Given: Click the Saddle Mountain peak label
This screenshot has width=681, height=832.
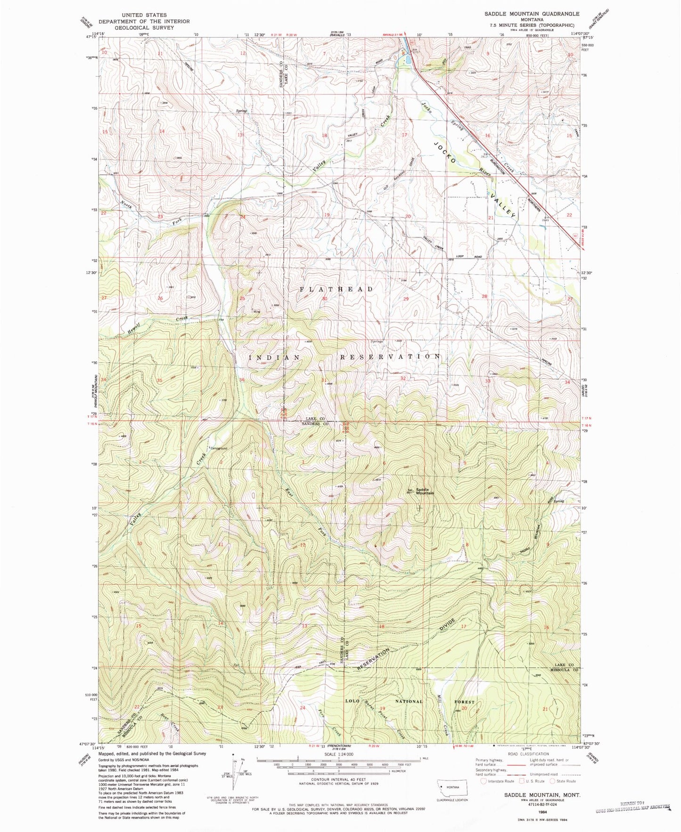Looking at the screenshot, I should pyautogui.click(x=424, y=491).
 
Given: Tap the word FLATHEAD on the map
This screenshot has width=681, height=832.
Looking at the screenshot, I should pyautogui.click(x=336, y=289).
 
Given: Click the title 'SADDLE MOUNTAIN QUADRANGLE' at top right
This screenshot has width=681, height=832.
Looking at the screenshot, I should pyautogui.click(x=532, y=14).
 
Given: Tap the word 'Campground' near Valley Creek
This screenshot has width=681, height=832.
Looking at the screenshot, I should pyautogui.click(x=218, y=448).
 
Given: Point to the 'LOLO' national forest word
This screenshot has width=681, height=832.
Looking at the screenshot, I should pyautogui.click(x=353, y=701).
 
